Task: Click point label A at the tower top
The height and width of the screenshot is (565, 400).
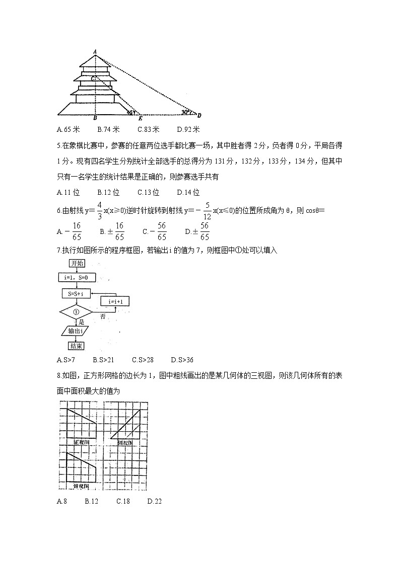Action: click(95, 51)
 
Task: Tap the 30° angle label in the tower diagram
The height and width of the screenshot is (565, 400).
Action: click(186, 112)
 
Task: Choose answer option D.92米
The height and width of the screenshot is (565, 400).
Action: click(189, 129)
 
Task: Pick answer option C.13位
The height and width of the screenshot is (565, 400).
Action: click(148, 192)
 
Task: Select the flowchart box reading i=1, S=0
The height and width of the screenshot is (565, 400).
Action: click(77, 278)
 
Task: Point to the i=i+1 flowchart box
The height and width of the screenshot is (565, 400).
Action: click(115, 301)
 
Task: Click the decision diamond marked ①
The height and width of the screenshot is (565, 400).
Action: click(77, 311)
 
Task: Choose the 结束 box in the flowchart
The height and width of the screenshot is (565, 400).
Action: click(76, 346)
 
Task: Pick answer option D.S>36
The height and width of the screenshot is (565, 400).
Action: click(182, 360)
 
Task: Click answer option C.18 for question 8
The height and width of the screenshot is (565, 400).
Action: click(123, 501)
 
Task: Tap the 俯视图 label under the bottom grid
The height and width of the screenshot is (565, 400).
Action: click(81, 487)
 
